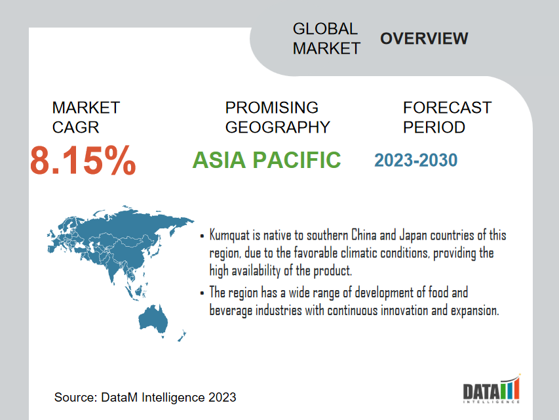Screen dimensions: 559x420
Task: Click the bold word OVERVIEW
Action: click(x=424, y=39)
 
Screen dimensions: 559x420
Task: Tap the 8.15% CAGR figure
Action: click(x=83, y=161)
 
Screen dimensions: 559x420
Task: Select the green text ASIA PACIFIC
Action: click(x=267, y=159)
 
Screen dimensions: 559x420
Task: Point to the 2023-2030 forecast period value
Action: click(x=415, y=160)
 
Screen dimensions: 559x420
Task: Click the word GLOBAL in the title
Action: click(x=325, y=29)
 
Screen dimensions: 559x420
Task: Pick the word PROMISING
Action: click(x=272, y=108)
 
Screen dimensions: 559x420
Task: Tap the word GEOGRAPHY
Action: click(x=278, y=127)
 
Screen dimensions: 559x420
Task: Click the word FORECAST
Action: click(x=448, y=108)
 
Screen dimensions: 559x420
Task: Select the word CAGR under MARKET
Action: click(x=75, y=127)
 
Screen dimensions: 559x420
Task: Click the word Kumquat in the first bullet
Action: click(x=229, y=236)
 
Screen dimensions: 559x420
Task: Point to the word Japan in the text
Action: click(x=414, y=236)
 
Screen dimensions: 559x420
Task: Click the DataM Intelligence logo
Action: click(x=492, y=389)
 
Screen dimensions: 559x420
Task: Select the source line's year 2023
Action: click(x=222, y=397)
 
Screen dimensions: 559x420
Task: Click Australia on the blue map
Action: click(x=153, y=318)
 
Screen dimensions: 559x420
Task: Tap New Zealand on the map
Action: click(x=182, y=336)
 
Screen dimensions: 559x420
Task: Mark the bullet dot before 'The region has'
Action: click(x=202, y=293)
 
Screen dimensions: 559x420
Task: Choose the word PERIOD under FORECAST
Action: click(x=434, y=127)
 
